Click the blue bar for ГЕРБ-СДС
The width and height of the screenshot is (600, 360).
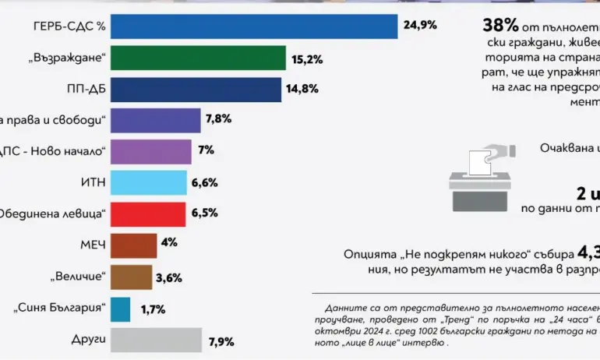(x=254, y=27)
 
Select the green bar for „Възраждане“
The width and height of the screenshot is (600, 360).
(x=198, y=58)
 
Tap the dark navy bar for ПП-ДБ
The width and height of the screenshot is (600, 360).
(x=196, y=90)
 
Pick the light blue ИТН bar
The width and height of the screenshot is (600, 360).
(x=149, y=183)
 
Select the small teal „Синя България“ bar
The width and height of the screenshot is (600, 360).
(x=121, y=309)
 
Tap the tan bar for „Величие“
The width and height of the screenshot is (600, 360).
(x=132, y=277)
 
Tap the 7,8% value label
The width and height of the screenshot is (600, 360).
(x=219, y=120)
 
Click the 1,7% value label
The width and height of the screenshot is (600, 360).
(x=154, y=309)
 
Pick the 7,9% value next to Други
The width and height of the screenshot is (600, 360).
(x=221, y=341)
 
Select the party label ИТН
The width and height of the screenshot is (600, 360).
(x=91, y=183)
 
